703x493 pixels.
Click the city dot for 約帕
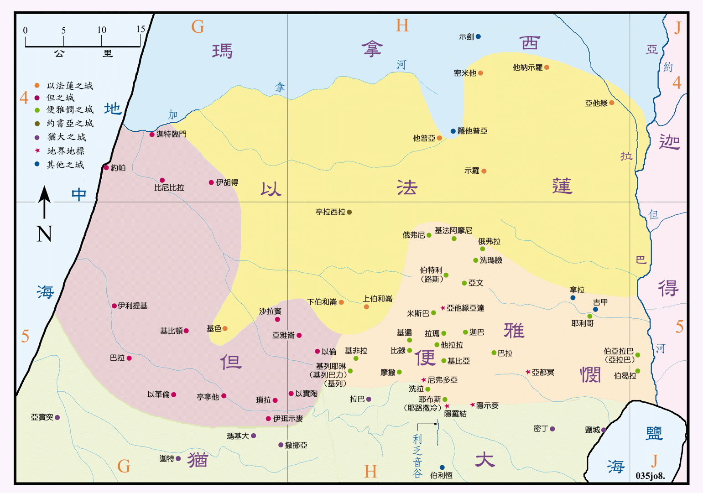[x=106, y=168]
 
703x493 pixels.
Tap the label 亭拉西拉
[x=330, y=212]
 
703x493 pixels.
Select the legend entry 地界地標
[x=66, y=151]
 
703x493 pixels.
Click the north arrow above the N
[x=44, y=201]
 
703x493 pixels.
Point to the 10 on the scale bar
[x=101, y=30]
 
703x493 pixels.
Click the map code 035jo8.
[x=650, y=476]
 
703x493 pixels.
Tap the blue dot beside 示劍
[x=478, y=36]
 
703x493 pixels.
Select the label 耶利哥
[x=583, y=323]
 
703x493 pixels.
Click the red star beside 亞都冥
[x=528, y=372]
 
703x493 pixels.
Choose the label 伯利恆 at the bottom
[x=441, y=475]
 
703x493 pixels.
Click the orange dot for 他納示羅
[x=547, y=67]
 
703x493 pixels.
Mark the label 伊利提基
[x=132, y=306]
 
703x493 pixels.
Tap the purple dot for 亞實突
[x=57, y=417]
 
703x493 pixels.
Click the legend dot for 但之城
[x=37, y=98]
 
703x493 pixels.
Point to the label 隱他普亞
[x=472, y=131]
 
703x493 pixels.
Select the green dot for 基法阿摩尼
[x=454, y=239]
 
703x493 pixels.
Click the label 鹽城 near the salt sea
[x=592, y=430]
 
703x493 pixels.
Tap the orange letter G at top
[x=198, y=27]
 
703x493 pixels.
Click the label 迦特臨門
[x=171, y=134]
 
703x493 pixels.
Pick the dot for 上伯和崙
[x=366, y=307]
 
